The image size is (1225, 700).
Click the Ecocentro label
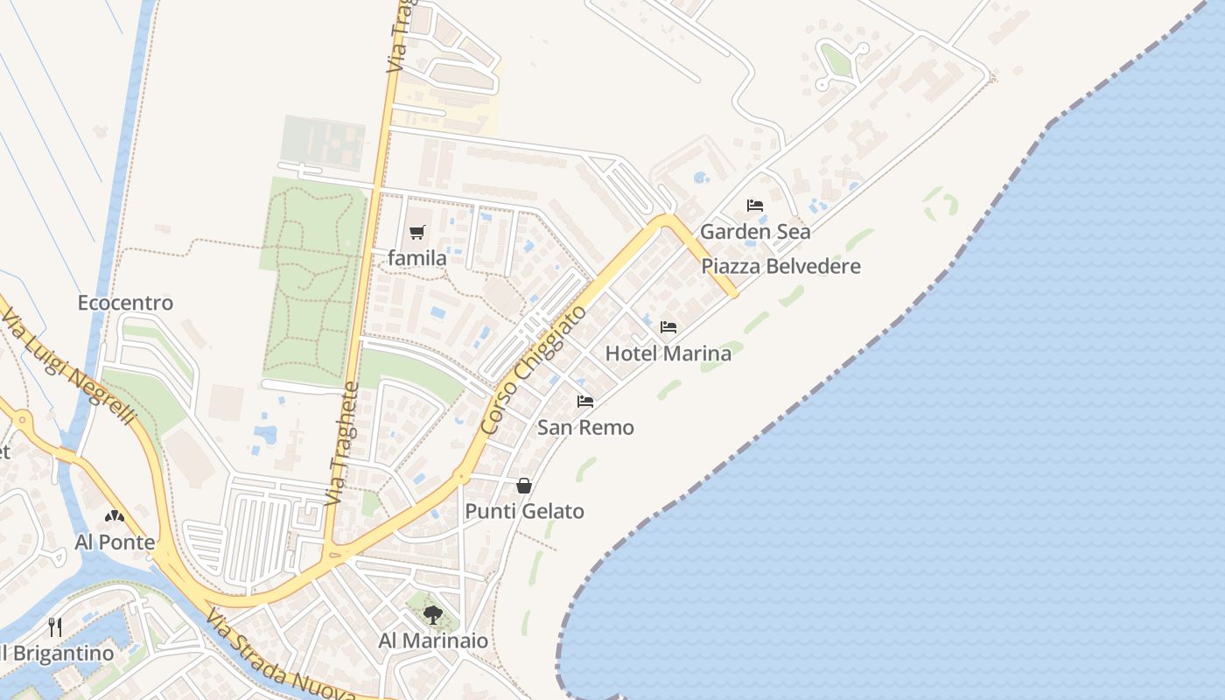[x=125, y=303]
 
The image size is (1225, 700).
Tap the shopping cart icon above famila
[x=417, y=233]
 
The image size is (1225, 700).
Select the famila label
[x=417, y=258]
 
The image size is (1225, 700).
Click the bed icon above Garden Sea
[x=755, y=206]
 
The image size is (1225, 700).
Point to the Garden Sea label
[x=755, y=232]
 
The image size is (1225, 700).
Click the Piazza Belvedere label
[x=781, y=266]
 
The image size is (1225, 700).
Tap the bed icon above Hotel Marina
[x=668, y=327]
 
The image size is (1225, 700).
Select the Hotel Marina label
[x=668, y=353]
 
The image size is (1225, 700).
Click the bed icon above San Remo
[x=585, y=402]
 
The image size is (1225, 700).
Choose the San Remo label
[x=585, y=428]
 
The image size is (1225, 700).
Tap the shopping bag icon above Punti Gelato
[x=524, y=486]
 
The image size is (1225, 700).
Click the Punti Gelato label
[x=524, y=511]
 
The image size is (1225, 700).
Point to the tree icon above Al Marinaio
[x=433, y=614]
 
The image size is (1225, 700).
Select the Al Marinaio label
[x=433, y=640]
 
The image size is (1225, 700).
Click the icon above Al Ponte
[x=115, y=516]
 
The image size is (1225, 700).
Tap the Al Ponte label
[x=115, y=542]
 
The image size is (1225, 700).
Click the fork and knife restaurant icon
[x=55, y=626]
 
